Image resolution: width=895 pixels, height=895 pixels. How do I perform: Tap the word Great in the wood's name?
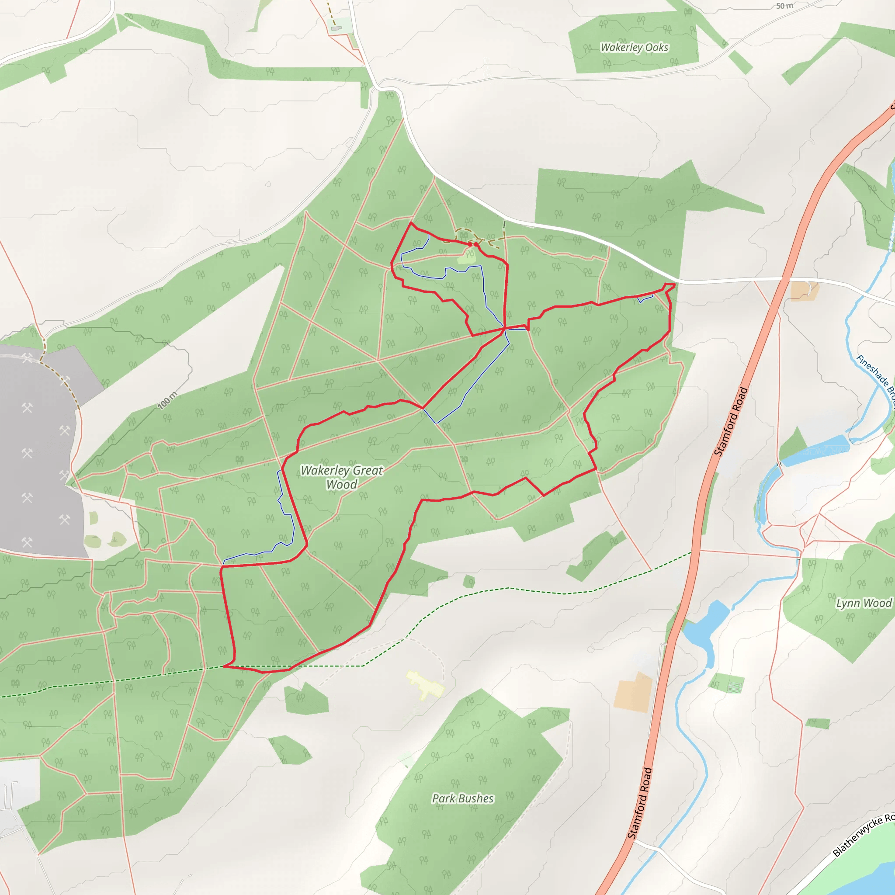click(x=368, y=470)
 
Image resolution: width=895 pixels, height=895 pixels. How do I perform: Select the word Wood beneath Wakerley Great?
click(x=341, y=485)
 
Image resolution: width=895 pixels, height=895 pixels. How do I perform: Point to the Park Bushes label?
click(x=462, y=798)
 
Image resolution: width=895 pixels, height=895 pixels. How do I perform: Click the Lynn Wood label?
click(x=864, y=603)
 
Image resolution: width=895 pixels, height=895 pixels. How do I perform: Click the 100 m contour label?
click(x=167, y=401)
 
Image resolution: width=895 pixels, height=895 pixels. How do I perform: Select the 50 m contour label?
click(x=785, y=6)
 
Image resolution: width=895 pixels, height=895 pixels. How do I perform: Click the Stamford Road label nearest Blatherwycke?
click(x=640, y=803)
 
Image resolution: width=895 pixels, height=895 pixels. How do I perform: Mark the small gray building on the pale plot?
click(x=336, y=28)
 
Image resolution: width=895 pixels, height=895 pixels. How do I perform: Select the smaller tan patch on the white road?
click(x=805, y=291)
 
